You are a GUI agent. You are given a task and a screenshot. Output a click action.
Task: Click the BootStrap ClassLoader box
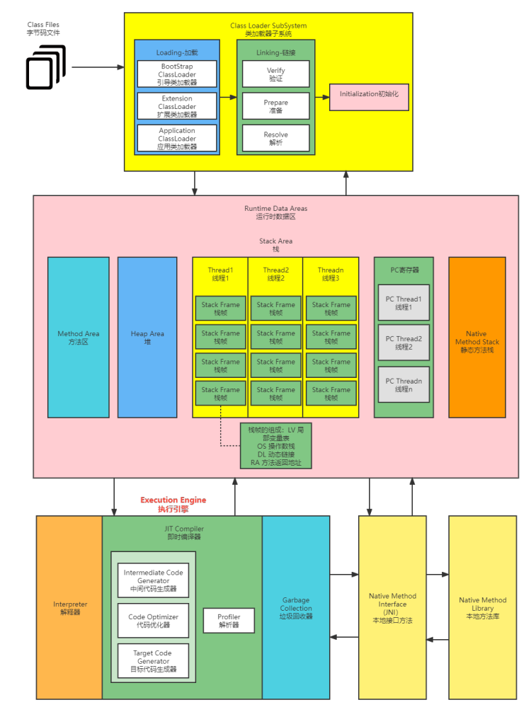[x=177, y=74]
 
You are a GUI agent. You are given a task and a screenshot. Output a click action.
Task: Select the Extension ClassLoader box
[x=177, y=106]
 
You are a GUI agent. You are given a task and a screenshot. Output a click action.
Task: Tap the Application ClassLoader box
[x=177, y=138]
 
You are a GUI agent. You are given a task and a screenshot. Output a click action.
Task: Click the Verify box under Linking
[x=276, y=74]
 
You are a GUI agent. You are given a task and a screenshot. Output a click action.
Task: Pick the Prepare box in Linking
[x=276, y=106]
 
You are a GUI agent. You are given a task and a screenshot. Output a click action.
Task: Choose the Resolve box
[x=276, y=138]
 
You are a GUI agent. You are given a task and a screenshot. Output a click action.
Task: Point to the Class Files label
[x=43, y=29]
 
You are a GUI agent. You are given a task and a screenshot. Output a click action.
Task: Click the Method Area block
[x=78, y=337]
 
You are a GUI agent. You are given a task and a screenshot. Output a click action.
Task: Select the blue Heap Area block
[x=147, y=337]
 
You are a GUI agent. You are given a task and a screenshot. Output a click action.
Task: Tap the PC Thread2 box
[x=404, y=343]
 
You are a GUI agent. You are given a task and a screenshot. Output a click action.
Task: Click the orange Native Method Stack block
[x=477, y=337]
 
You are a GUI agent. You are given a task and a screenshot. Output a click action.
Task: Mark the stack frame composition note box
[x=276, y=446]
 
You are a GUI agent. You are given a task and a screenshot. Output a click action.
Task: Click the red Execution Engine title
[x=173, y=504]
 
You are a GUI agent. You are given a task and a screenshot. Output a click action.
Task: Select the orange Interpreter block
[x=70, y=608]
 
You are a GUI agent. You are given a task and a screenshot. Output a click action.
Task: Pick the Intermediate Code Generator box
[x=153, y=580]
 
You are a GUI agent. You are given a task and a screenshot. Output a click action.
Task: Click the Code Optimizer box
[x=153, y=621]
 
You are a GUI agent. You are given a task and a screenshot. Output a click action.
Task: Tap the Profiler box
[x=229, y=621]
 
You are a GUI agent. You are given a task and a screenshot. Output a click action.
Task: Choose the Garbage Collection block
[x=296, y=608]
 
